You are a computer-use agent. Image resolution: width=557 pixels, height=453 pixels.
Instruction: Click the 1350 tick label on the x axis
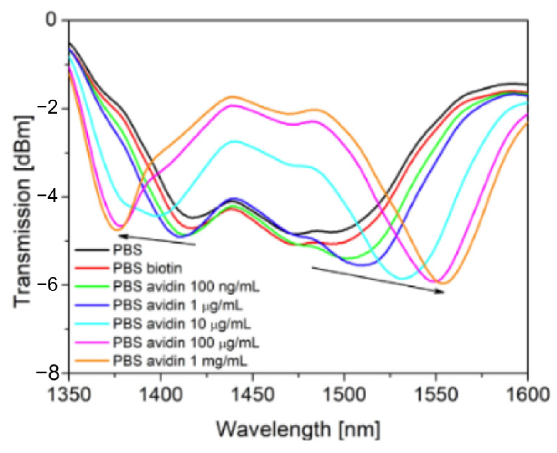coord(69,395)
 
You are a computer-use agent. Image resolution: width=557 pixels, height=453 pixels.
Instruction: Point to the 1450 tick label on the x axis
coord(252,395)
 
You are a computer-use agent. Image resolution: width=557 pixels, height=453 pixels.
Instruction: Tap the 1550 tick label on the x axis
coord(436,395)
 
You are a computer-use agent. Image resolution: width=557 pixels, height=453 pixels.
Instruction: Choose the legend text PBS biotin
coord(147,268)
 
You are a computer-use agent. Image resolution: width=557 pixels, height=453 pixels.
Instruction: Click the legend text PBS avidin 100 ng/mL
coord(186,286)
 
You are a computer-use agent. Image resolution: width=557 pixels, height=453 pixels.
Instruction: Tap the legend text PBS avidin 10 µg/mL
coord(182,324)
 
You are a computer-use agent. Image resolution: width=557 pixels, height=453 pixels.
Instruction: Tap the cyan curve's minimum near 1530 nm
coord(401,279)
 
